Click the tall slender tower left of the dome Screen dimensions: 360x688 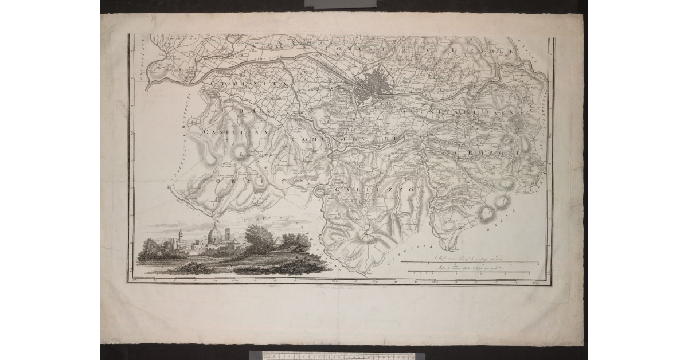181,236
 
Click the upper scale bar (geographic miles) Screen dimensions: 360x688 470,263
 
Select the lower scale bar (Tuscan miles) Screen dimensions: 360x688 470,272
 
